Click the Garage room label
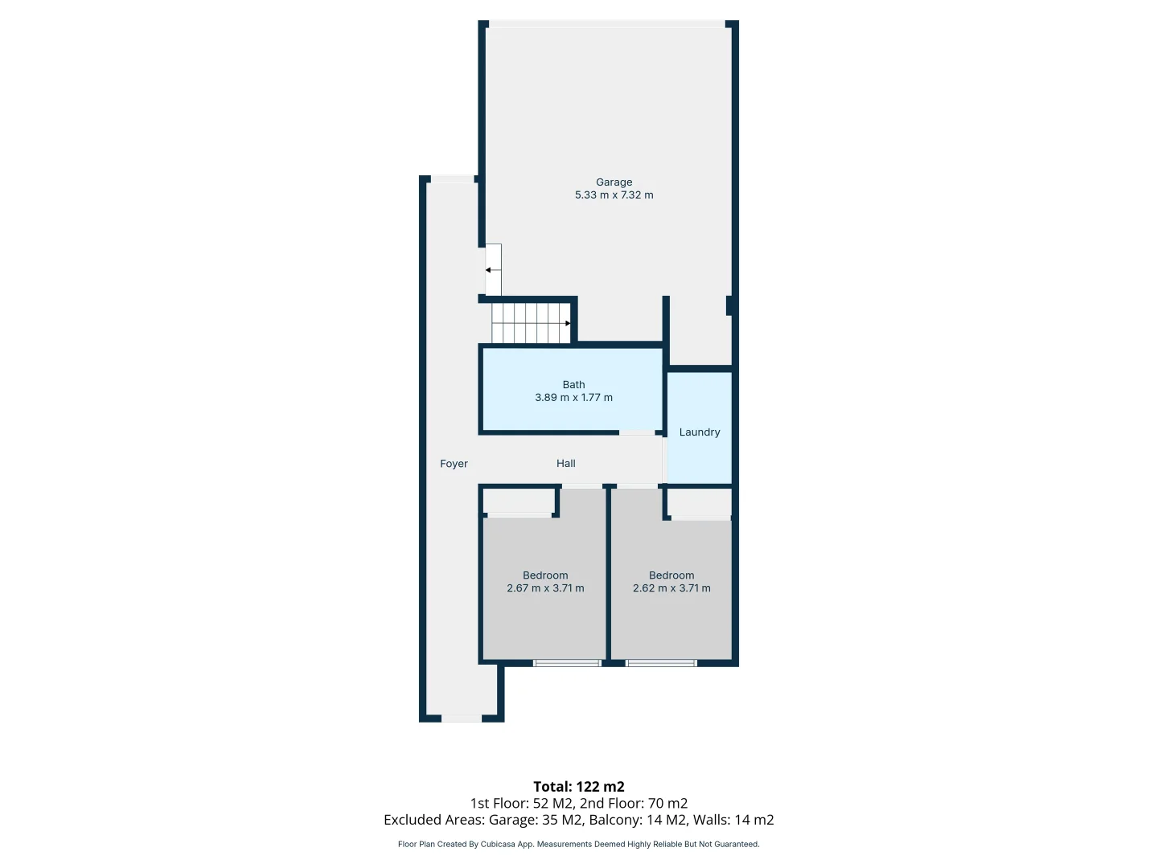pos(614,182)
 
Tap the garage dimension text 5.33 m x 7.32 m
pos(614,195)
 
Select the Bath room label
pos(573,385)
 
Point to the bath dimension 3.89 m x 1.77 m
pos(573,398)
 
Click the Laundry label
pos(699,432)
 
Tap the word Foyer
pos(454,464)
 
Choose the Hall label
pos(565,464)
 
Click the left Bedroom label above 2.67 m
pos(545,575)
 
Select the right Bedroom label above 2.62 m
pos(671,575)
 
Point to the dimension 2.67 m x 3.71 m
pos(545,588)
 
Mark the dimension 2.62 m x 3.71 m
pos(671,588)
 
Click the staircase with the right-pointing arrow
pos(531,323)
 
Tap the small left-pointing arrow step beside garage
pos(493,270)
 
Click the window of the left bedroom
pos(567,663)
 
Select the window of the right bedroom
pos(661,663)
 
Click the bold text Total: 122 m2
pos(578,787)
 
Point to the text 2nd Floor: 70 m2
pos(634,804)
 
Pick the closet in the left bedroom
pos(519,502)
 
